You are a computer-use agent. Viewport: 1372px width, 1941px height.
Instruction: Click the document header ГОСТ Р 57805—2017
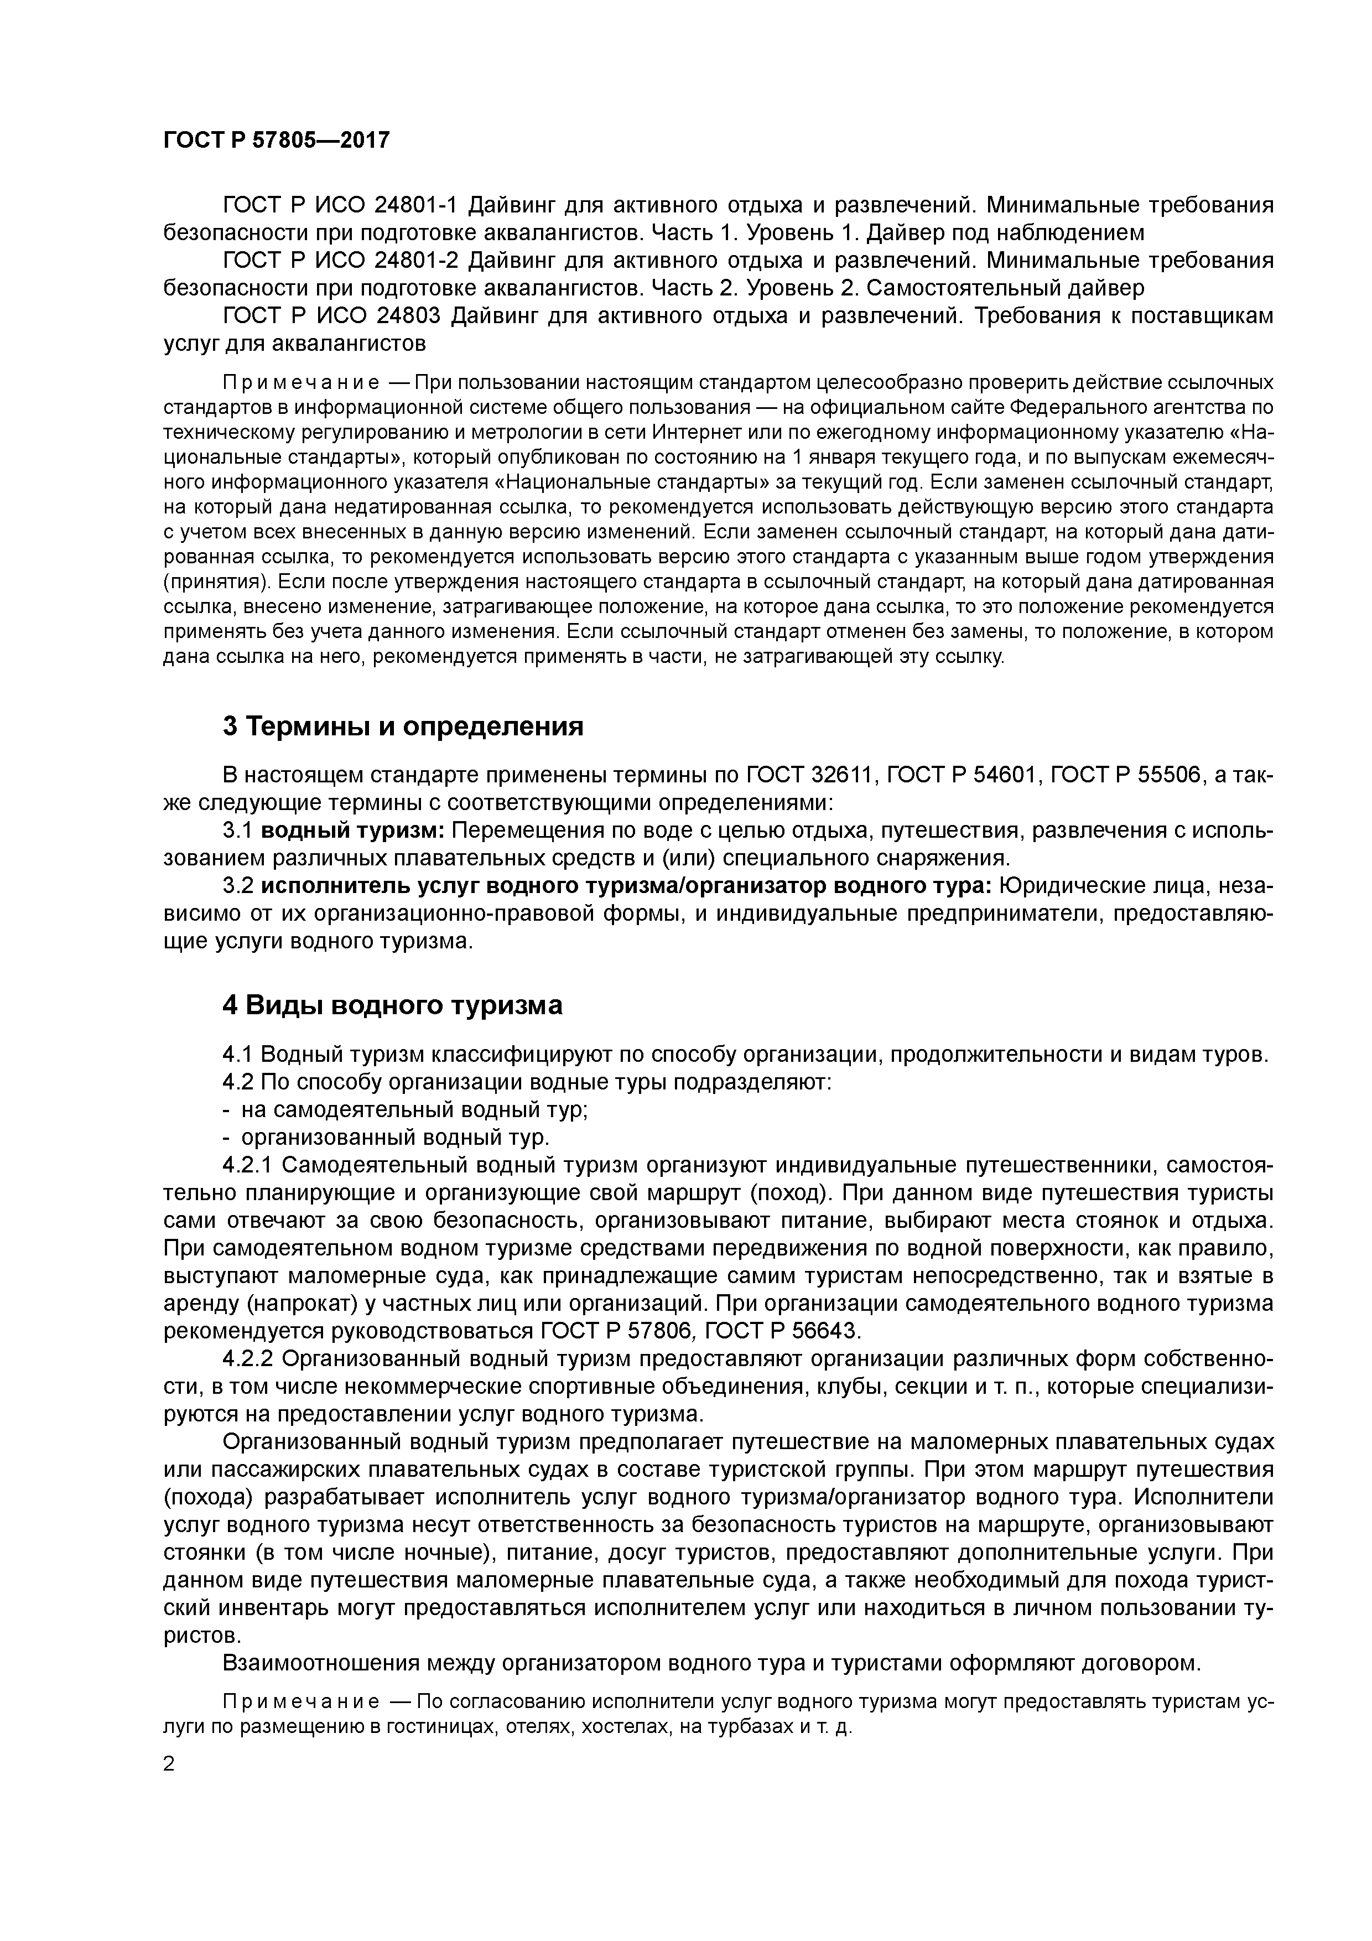click(277, 139)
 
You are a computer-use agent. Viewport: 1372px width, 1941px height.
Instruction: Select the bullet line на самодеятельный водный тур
click(414, 1109)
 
